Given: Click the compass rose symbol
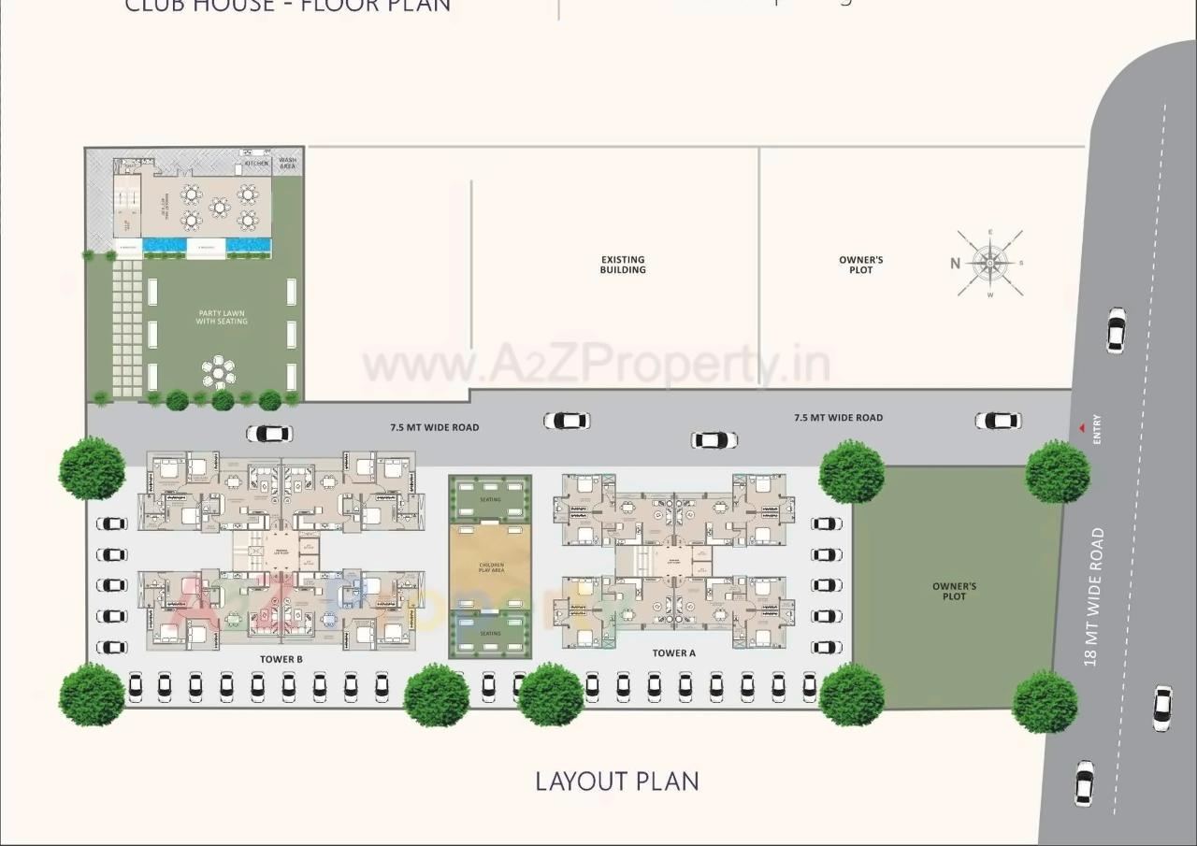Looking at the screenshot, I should tap(990, 264).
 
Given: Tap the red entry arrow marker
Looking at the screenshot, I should tap(1082, 428).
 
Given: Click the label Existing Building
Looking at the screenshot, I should tap(623, 265).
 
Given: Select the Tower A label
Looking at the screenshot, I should tap(674, 653).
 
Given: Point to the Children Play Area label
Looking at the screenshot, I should tap(491, 567).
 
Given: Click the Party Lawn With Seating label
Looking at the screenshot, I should tap(222, 318).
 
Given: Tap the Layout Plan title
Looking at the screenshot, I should tap(617, 781).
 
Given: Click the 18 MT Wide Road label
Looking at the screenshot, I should tap(1094, 597).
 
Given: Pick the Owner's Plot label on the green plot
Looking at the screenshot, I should tap(954, 592).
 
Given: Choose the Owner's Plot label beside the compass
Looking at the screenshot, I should tap(861, 265).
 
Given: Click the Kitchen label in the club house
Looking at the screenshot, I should tap(257, 164).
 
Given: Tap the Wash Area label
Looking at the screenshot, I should tap(288, 164).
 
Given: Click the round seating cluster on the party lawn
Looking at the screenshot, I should tap(219, 372).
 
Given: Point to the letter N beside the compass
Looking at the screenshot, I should tap(956, 264).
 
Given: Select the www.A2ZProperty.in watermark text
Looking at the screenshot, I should tap(597, 365).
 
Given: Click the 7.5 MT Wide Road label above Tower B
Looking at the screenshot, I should tap(434, 427).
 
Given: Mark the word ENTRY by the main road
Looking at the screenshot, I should tap(1097, 429).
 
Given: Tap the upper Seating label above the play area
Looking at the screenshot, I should tap(490, 500).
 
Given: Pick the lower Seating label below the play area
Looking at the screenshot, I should tap(490, 634).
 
